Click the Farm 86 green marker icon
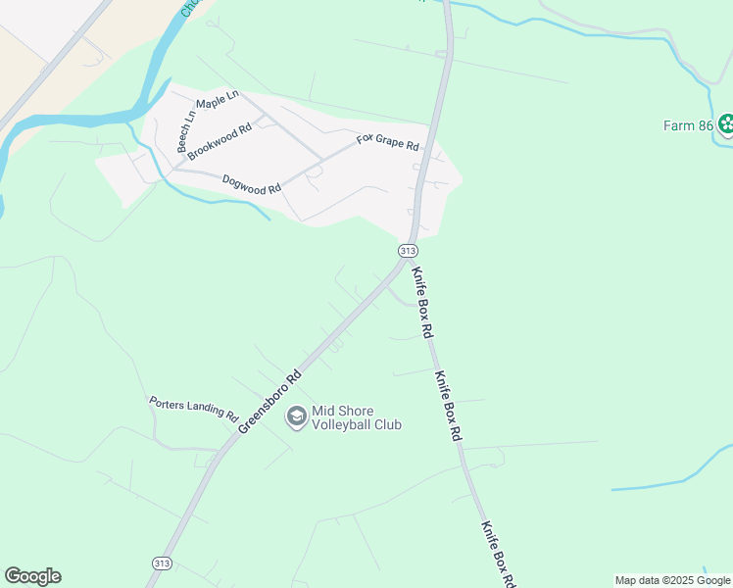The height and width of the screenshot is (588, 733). pyautogui.click(x=726, y=124)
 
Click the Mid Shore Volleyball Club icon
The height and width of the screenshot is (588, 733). pyautogui.click(x=295, y=417)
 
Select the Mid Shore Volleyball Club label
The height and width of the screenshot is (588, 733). pyautogui.click(x=357, y=418)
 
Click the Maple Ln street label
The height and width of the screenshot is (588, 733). pyautogui.click(x=218, y=100)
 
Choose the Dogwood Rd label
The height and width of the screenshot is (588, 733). pyautogui.click(x=252, y=183)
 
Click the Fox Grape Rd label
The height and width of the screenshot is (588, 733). pyautogui.click(x=387, y=141)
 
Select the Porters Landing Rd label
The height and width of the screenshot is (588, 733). pyautogui.click(x=194, y=408)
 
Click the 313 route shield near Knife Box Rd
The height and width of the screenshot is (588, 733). pyautogui.click(x=409, y=251)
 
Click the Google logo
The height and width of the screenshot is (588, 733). pyautogui.click(x=32, y=576)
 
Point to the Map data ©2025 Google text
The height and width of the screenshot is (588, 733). pyautogui.click(x=672, y=580)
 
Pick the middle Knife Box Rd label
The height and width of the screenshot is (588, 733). pyautogui.click(x=448, y=404)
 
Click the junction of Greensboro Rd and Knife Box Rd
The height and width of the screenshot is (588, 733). pyautogui.click(x=403, y=270)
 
